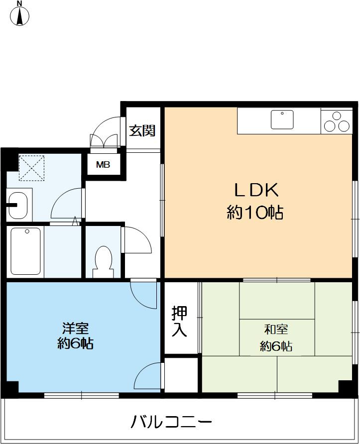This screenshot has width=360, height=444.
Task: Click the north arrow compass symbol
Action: point(19,14)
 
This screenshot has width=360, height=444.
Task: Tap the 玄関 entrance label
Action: point(142,131)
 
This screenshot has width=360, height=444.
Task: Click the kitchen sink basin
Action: point(282,120)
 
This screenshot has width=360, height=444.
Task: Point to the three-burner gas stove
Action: point(337,121)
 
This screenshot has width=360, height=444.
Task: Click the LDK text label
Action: point(255,191)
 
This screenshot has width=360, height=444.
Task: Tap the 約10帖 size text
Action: point(255,213)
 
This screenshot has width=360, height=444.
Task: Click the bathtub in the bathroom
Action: point(26,251)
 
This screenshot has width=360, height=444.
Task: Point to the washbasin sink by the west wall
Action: point(19,204)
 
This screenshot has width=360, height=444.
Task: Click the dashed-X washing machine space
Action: point(31,167)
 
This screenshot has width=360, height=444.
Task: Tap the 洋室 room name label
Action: point(75,329)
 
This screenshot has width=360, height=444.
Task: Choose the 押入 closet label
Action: point(180,322)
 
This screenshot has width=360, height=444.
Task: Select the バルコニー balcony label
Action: point(171,422)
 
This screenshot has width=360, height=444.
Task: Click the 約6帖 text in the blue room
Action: point(75,343)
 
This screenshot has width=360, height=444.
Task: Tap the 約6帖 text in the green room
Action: point(276,346)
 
